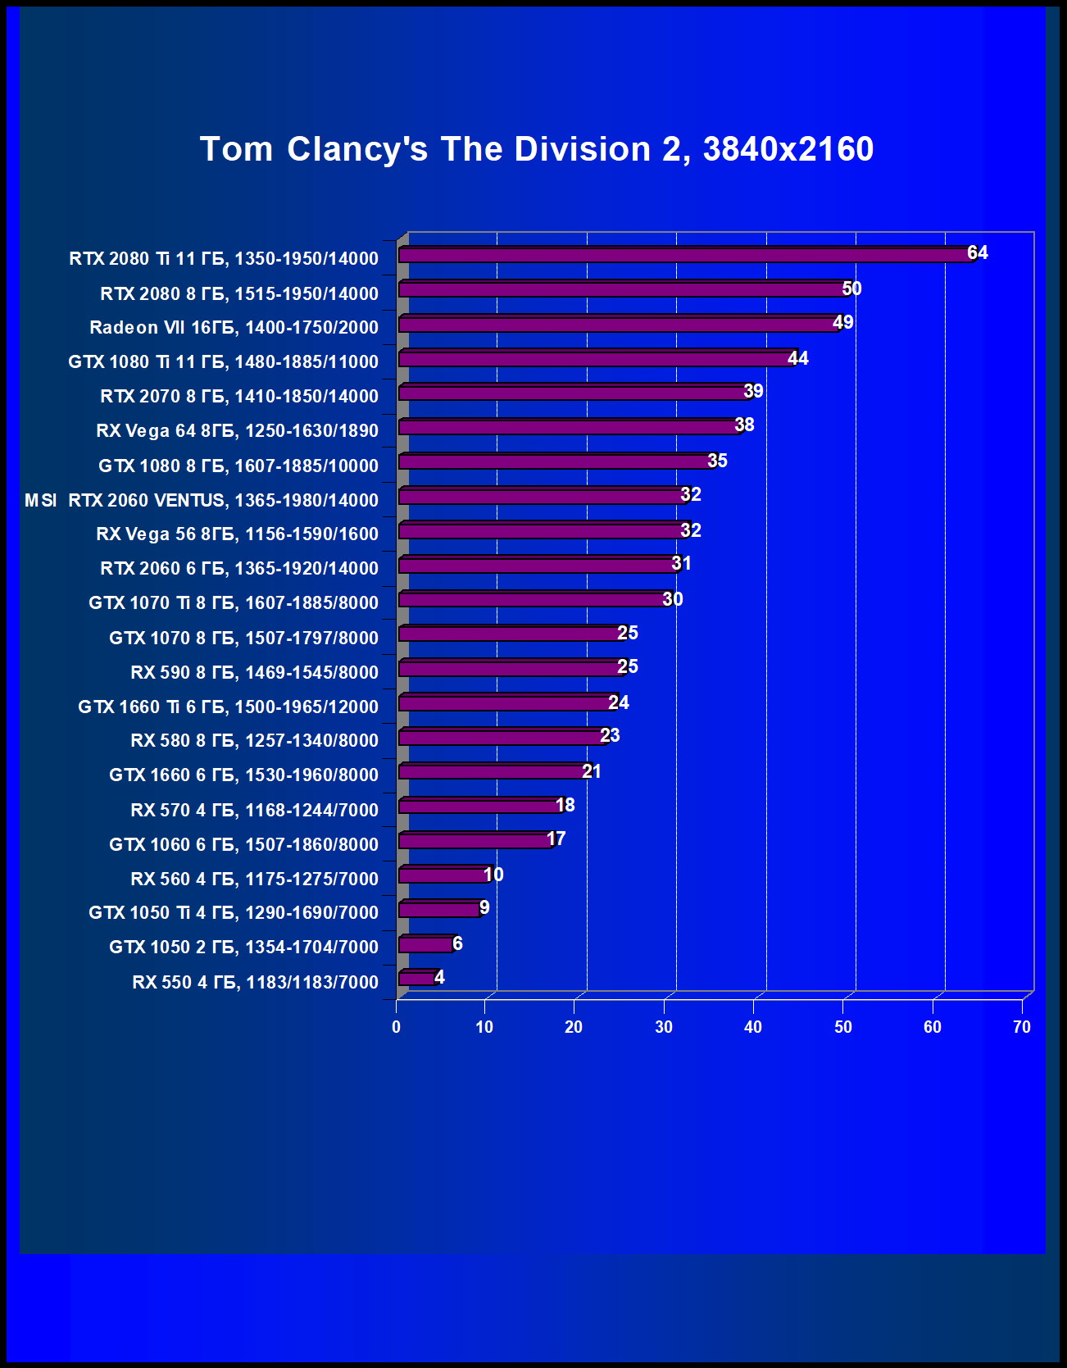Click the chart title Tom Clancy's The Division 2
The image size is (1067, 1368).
(537, 149)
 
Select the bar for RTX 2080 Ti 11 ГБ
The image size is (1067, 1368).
(684, 256)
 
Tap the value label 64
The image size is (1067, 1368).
(978, 252)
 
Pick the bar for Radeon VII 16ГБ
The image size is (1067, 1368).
(619, 325)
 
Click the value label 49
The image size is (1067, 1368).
(842, 322)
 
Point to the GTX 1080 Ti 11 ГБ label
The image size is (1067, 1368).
(223, 361)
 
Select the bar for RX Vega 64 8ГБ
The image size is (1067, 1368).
(570, 428)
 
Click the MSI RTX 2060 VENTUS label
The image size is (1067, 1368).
(202, 500)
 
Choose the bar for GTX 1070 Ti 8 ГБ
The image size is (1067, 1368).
(533, 600)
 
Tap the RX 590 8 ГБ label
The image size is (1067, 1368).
(254, 672)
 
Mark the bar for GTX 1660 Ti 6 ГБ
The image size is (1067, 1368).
(506, 703)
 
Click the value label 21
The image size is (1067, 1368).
(592, 771)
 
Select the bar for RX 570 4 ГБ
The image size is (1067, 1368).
(479, 807)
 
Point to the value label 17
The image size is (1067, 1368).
(556, 839)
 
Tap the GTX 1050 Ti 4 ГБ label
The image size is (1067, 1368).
(234, 912)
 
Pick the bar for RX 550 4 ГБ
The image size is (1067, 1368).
(417, 978)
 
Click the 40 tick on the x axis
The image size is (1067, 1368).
(753, 1027)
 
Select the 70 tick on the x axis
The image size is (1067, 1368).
(1021, 1027)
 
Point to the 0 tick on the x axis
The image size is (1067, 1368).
(397, 1027)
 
